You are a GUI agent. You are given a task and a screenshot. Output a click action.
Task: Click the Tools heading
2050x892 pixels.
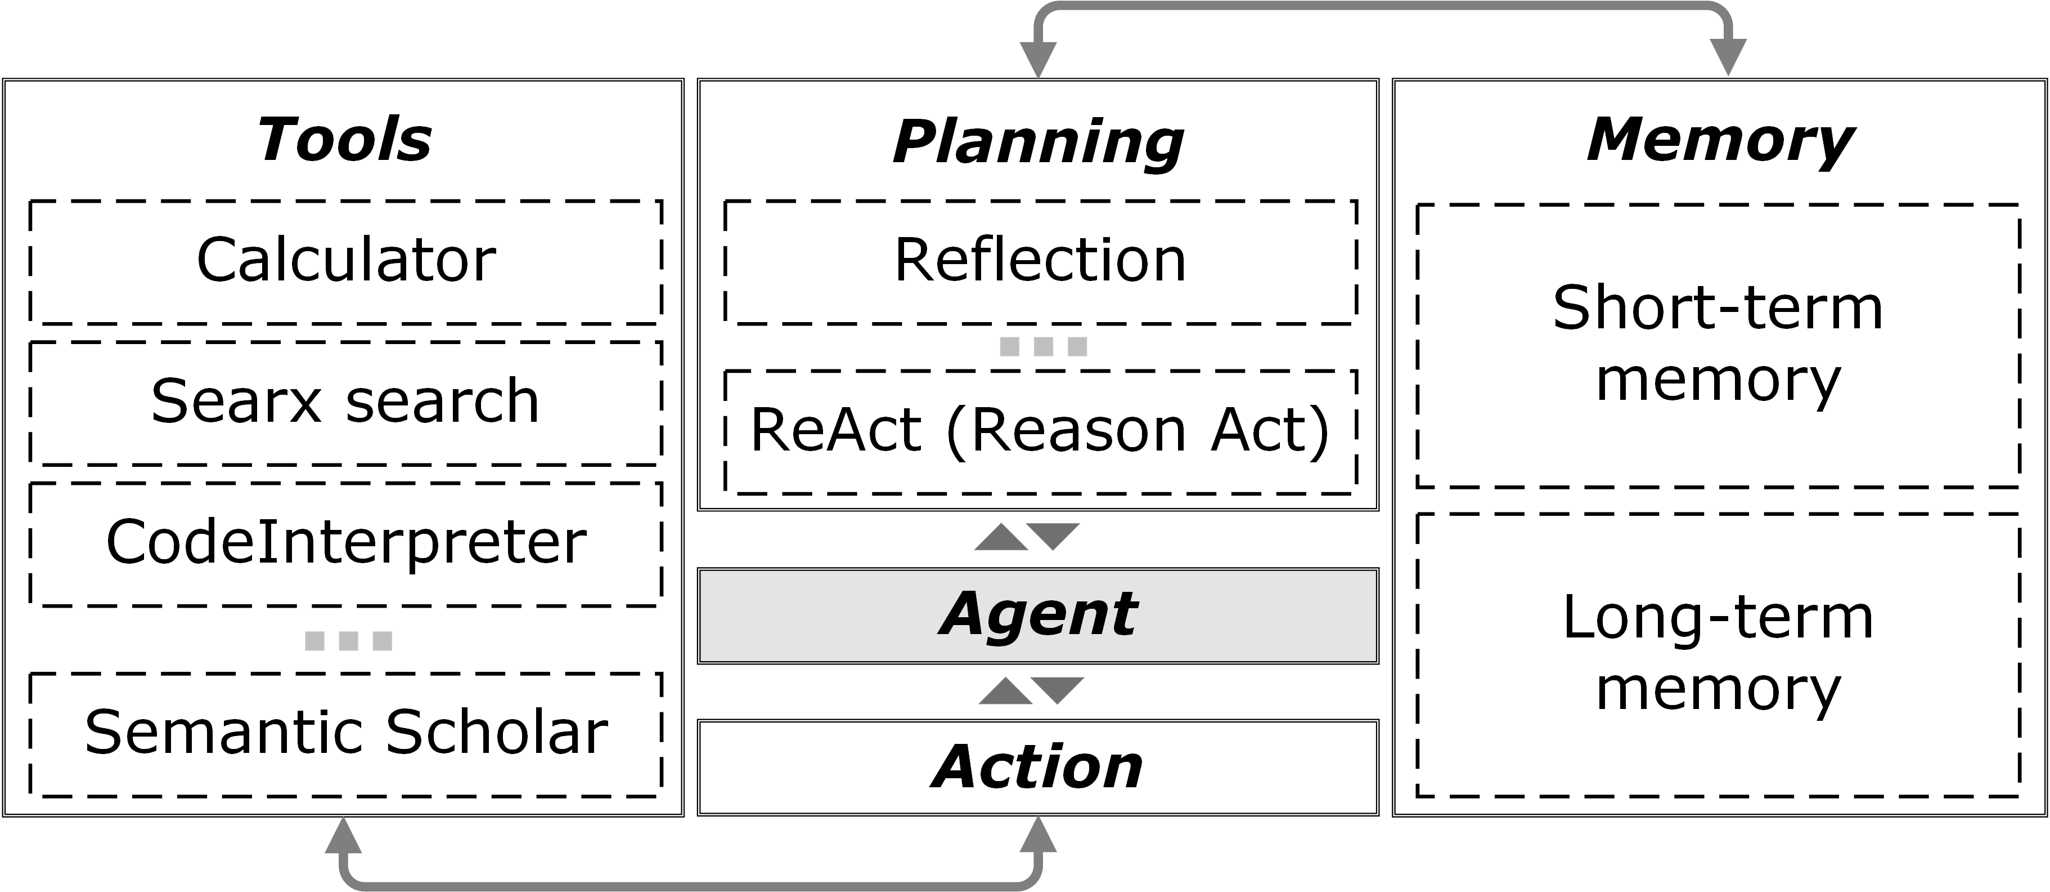(x=344, y=140)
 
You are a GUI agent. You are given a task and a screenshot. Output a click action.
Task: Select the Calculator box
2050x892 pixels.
(x=345, y=261)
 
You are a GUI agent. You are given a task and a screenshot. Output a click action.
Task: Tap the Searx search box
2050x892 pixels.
(x=345, y=402)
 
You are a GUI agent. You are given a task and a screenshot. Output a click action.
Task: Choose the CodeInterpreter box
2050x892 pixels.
(x=345, y=543)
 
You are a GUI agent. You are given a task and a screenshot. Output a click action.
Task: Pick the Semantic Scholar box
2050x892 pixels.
(x=345, y=733)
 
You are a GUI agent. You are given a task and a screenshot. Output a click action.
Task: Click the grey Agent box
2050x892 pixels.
(x=1038, y=615)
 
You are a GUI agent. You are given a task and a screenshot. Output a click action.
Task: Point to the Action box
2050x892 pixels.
(x=1038, y=767)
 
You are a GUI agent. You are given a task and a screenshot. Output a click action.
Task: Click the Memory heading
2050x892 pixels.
(x=1719, y=140)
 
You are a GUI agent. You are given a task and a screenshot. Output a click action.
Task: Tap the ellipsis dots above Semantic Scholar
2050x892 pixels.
(x=348, y=640)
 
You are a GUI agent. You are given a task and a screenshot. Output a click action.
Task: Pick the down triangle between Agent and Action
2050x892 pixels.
(x=1058, y=689)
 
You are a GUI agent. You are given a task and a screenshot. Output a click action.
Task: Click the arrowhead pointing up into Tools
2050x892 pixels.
(x=343, y=836)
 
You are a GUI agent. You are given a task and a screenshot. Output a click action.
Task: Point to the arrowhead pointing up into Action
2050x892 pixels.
(x=1038, y=836)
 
